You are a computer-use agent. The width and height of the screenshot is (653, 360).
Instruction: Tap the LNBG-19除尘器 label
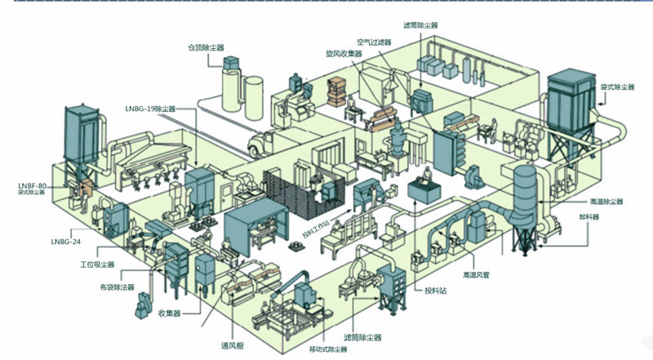(150, 108)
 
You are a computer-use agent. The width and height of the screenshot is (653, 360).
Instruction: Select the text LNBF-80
(33, 185)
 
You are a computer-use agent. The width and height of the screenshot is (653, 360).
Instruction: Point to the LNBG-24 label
(64, 242)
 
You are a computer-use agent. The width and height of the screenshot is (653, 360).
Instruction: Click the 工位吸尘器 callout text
(97, 264)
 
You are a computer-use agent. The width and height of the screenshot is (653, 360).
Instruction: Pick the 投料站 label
(434, 291)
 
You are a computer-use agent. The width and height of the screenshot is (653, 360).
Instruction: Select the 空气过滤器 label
(373, 42)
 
